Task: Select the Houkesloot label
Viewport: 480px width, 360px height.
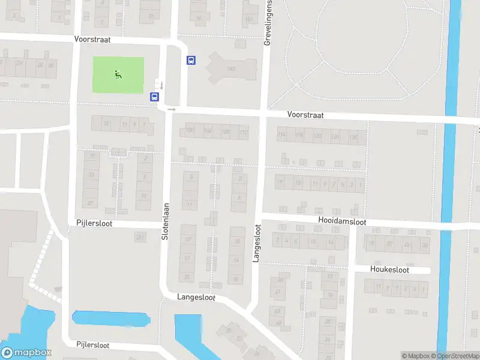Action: (389, 270)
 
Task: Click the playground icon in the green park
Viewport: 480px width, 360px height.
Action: (118, 74)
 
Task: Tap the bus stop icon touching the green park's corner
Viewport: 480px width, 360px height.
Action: (154, 97)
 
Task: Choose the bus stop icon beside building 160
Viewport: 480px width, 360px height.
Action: (191, 60)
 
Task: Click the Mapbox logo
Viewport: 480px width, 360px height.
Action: (26, 353)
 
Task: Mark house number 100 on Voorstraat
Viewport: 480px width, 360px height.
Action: (191, 131)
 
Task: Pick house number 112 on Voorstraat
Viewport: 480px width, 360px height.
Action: (243, 132)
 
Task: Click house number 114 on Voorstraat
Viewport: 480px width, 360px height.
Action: (282, 136)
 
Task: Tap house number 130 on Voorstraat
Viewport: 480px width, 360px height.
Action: (353, 137)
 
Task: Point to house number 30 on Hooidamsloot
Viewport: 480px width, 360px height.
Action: (425, 245)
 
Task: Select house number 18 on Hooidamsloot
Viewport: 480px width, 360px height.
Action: (372, 244)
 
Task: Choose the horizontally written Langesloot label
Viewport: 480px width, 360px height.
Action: (196, 297)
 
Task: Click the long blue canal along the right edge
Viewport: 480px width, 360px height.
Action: (446, 180)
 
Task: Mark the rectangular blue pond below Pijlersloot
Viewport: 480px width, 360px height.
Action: (109, 318)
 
